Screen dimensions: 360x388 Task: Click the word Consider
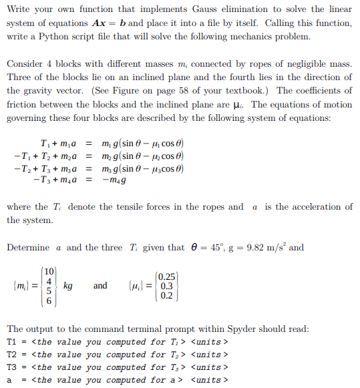(25, 64)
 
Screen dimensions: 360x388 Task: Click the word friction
(22, 104)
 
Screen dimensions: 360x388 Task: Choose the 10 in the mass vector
(49, 271)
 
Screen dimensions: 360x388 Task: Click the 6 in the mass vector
(49, 301)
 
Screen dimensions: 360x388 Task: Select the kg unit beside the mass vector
(67, 286)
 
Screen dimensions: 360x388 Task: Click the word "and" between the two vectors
(100, 286)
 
